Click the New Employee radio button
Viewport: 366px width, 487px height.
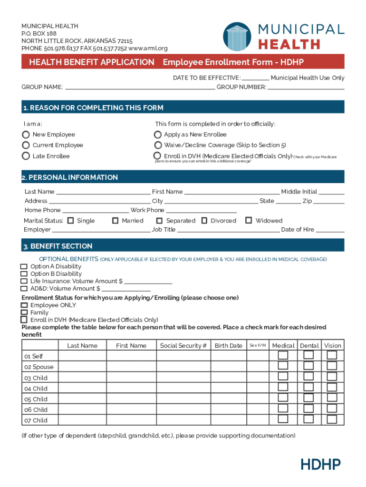click(x=26, y=135)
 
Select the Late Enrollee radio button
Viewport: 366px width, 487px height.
click(x=26, y=156)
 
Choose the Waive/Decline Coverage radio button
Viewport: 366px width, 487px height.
click(x=157, y=145)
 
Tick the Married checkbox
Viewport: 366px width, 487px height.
click(x=115, y=221)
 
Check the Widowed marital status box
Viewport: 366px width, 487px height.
click(x=249, y=220)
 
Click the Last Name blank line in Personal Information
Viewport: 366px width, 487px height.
click(x=103, y=192)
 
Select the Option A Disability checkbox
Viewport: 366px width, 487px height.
click(x=24, y=267)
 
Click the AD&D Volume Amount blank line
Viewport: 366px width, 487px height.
click(x=126, y=289)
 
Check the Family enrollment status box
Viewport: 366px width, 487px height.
click(x=24, y=312)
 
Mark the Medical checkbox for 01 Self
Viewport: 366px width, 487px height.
click(x=283, y=355)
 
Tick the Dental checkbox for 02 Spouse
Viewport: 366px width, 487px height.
click(x=308, y=366)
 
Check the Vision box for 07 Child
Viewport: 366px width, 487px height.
click(x=332, y=419)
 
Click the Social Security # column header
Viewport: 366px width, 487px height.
click(x=183, y=346)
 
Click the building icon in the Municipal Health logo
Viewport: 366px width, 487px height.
click(x=237, y=36)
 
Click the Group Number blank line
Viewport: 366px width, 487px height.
click(x=306, y=88)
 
